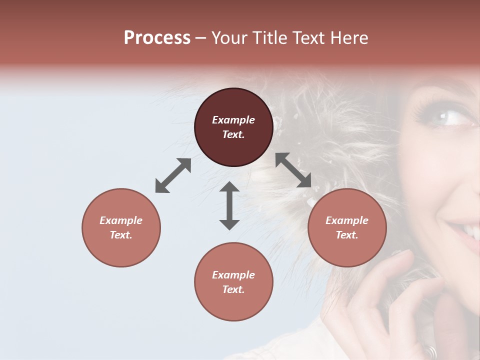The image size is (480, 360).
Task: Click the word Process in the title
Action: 157,38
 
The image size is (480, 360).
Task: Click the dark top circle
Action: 233,127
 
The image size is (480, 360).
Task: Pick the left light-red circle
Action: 121,227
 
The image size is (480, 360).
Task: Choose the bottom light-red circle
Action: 233,282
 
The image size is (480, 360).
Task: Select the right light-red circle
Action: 347,227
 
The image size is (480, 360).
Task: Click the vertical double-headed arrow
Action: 229,205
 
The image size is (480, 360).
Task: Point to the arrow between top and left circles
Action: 173,175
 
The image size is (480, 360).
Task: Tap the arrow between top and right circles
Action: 293,170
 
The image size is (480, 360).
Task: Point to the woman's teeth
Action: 470,229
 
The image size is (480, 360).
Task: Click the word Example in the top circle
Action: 233,120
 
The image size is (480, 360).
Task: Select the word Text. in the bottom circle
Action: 233,289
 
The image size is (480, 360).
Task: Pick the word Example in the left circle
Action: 121,220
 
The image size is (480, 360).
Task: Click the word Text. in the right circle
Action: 347,235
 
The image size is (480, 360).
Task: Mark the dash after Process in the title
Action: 200,38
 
